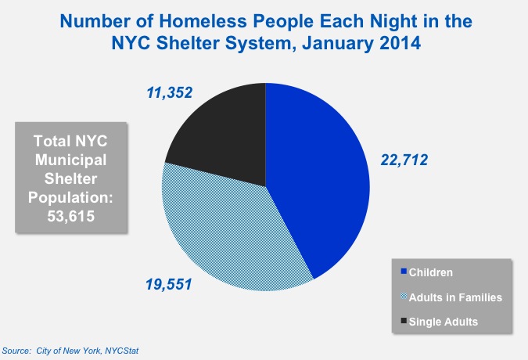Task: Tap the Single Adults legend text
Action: tap(444, 321)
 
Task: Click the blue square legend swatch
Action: tap(404, 272)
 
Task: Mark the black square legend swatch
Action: tap(404, 321)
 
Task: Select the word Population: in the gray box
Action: tap(70, 197)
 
